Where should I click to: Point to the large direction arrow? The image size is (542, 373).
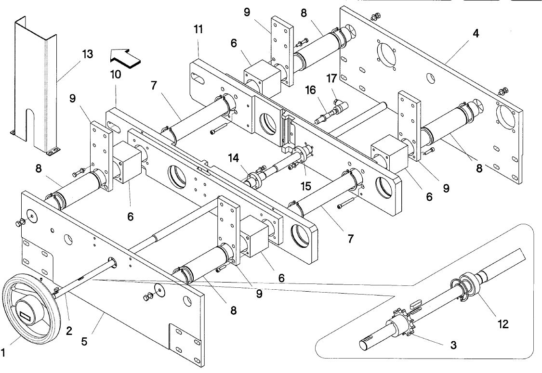click(125, 57)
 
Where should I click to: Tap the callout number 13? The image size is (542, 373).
click(88, 54)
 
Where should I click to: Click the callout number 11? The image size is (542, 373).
click(198, 29)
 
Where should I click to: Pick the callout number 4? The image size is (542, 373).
click(476, 34)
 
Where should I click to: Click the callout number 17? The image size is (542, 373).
click(331, 79)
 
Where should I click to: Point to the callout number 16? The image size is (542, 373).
click(310, 90)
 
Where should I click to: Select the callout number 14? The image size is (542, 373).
click(234, 158)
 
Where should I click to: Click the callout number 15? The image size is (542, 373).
click(306, 186)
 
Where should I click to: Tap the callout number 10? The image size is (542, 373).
click(116, 74)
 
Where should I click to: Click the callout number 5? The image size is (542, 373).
click(84, 342)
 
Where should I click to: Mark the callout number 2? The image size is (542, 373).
click(69, 331)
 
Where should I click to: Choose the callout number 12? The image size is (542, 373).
click(503, 324)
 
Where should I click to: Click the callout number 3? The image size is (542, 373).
click(453, 345)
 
